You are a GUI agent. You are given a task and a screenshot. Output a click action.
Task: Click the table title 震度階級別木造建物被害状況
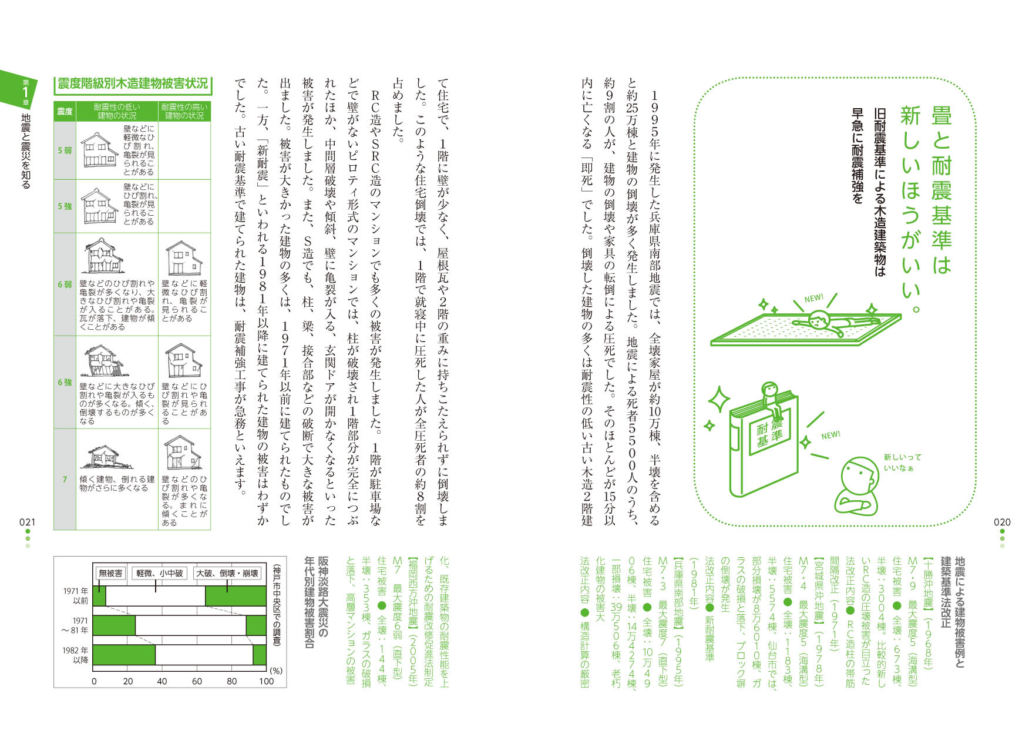133,83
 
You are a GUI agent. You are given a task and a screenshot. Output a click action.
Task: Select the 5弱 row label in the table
65,150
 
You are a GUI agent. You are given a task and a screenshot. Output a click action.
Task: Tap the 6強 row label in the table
65,382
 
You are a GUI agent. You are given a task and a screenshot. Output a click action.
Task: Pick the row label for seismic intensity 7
65,479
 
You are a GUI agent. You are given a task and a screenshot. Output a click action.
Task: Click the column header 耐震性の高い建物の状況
184,111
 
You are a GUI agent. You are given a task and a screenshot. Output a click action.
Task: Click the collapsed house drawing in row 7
103,456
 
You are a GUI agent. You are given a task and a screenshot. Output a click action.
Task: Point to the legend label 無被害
110,573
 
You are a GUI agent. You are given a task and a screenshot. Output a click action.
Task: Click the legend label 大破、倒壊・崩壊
227,573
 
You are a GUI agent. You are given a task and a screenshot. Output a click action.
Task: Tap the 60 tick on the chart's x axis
197,681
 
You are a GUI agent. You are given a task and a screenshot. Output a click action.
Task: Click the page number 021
27,522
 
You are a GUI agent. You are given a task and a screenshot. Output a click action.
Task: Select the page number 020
1002,522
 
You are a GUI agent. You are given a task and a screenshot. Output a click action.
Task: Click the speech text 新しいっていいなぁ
902,463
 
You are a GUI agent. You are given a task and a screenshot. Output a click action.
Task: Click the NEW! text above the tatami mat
813,299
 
